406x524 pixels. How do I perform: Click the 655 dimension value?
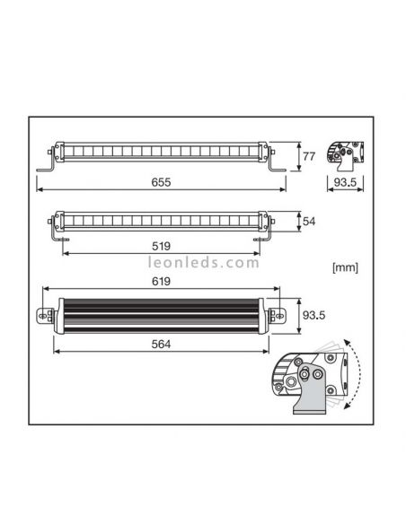[x=161, y=182]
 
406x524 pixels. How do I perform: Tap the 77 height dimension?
[x=308, y=157]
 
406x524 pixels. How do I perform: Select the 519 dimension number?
[x=161, y=245]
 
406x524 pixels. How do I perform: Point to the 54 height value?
[x=308, y=220]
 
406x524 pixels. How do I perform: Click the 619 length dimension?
[x=161, y=282]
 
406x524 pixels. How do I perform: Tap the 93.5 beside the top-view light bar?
[x=313, y=315]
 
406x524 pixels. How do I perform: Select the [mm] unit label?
[x=345, y=266]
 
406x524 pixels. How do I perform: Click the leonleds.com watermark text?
[x=203, y=264]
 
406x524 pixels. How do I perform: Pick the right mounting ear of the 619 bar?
[x=279, y=315]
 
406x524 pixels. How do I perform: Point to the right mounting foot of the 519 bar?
[x=262, y=236]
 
